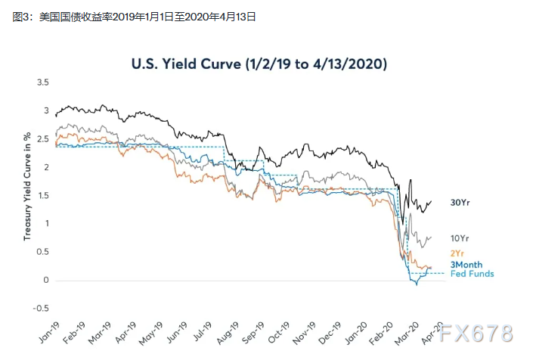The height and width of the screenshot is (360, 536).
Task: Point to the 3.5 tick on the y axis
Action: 43,82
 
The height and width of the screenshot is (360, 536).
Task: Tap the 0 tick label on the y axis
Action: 47,281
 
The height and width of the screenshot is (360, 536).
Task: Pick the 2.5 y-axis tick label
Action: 43,138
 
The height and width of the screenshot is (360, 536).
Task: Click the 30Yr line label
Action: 460,203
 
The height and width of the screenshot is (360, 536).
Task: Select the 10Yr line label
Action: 460,237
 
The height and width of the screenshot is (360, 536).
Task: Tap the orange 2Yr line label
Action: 457,252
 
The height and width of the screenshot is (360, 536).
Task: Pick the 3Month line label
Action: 466,265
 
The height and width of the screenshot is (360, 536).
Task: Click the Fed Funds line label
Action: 472,273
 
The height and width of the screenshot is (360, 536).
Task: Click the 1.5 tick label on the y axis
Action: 43,195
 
